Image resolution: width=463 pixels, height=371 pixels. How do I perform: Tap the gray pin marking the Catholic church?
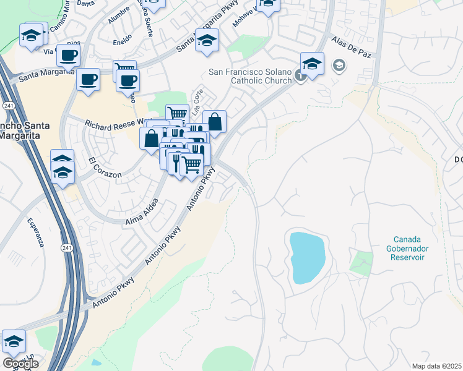300,76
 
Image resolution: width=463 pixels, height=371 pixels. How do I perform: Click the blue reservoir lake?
306,257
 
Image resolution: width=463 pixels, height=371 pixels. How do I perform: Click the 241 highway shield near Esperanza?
67,247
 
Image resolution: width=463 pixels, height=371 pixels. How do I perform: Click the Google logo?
20,364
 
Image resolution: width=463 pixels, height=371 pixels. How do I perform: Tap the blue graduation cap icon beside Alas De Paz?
312,64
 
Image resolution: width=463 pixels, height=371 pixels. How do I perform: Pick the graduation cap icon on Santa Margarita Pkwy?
207,41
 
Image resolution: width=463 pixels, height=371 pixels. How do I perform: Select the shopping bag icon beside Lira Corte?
214,122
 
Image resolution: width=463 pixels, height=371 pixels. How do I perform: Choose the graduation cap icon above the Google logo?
14,341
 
